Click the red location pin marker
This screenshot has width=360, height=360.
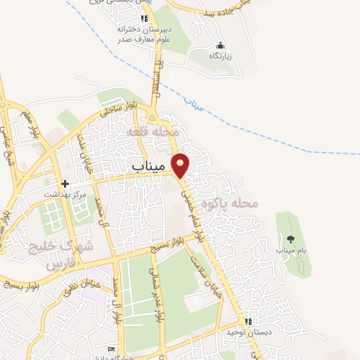[x=181, y=165]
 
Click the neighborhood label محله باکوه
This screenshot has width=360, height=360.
[x=231, y=204]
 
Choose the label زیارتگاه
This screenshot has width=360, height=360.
[x=221, y=55]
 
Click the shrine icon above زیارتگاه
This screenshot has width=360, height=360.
[x=221, y=44]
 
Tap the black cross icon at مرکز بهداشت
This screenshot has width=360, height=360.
[x=65, y=183]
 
